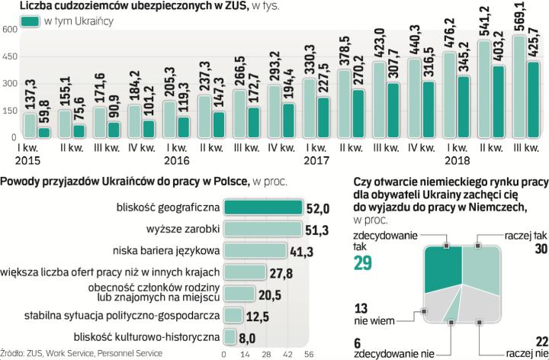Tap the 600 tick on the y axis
9,30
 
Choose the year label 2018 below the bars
457,160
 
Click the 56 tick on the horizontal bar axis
310,354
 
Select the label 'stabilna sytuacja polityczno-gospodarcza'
111,313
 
